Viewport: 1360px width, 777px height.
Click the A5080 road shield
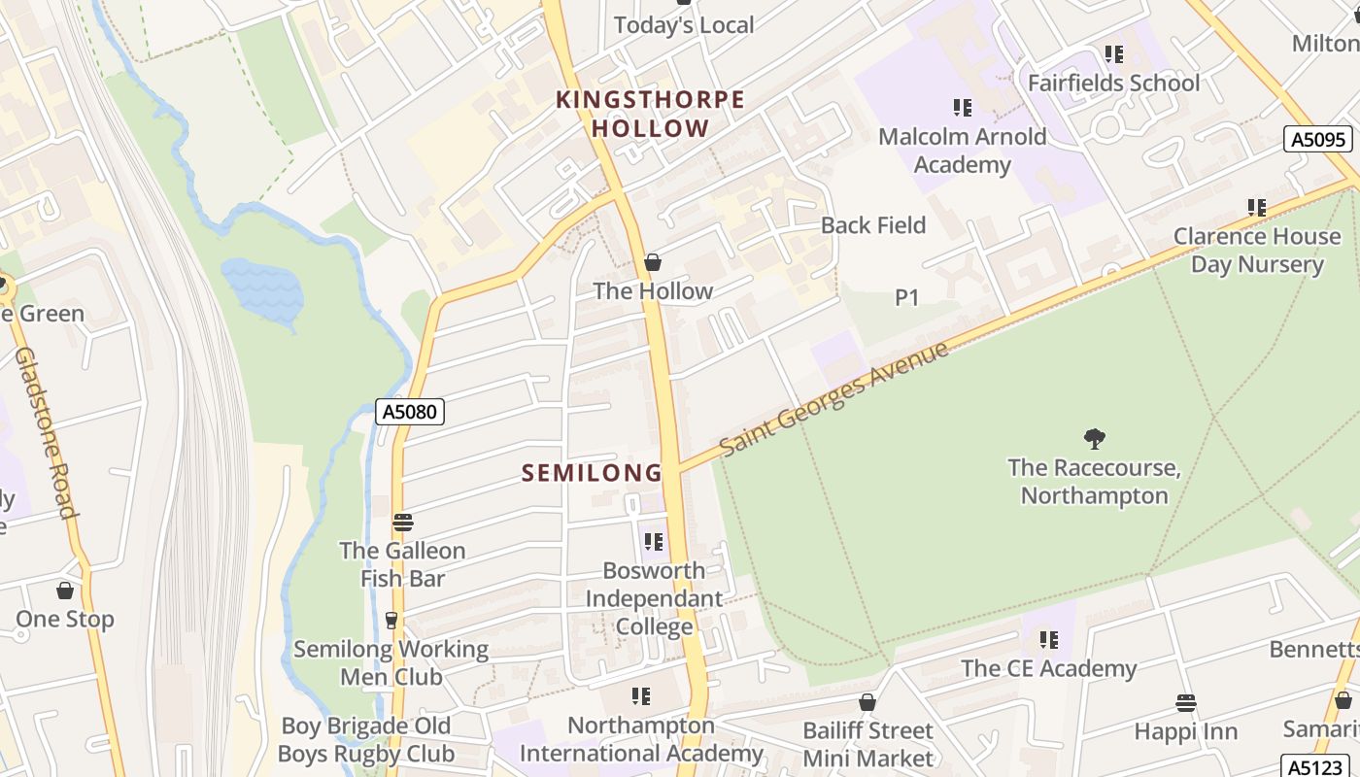coord(410,412)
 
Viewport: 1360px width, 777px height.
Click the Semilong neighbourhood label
coord(592,473)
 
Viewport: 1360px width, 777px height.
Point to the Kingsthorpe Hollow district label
coord(650,114)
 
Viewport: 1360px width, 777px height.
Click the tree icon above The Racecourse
coord(1095,439)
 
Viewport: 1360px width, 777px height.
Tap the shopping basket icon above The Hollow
coord(653,262)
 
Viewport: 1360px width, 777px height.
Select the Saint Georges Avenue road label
coord(833,399)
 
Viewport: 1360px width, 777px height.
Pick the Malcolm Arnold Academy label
coord(962,151)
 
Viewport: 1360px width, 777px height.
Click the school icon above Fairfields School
coord(1113,54)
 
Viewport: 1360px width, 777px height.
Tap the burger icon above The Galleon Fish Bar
coord(403,523)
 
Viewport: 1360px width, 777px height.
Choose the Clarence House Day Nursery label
coord(1257,250)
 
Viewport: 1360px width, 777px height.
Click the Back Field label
coord(872,225)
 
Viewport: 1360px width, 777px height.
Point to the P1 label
coord(906,297)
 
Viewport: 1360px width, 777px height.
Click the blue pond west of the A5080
coord(262,289)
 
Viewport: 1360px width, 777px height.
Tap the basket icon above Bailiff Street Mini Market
coord(867,702)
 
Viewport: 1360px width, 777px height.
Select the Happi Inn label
coord(1186,731)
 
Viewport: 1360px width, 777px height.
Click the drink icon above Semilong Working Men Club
coord(391,620)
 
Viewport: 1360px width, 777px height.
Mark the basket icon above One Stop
coord(65,591)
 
